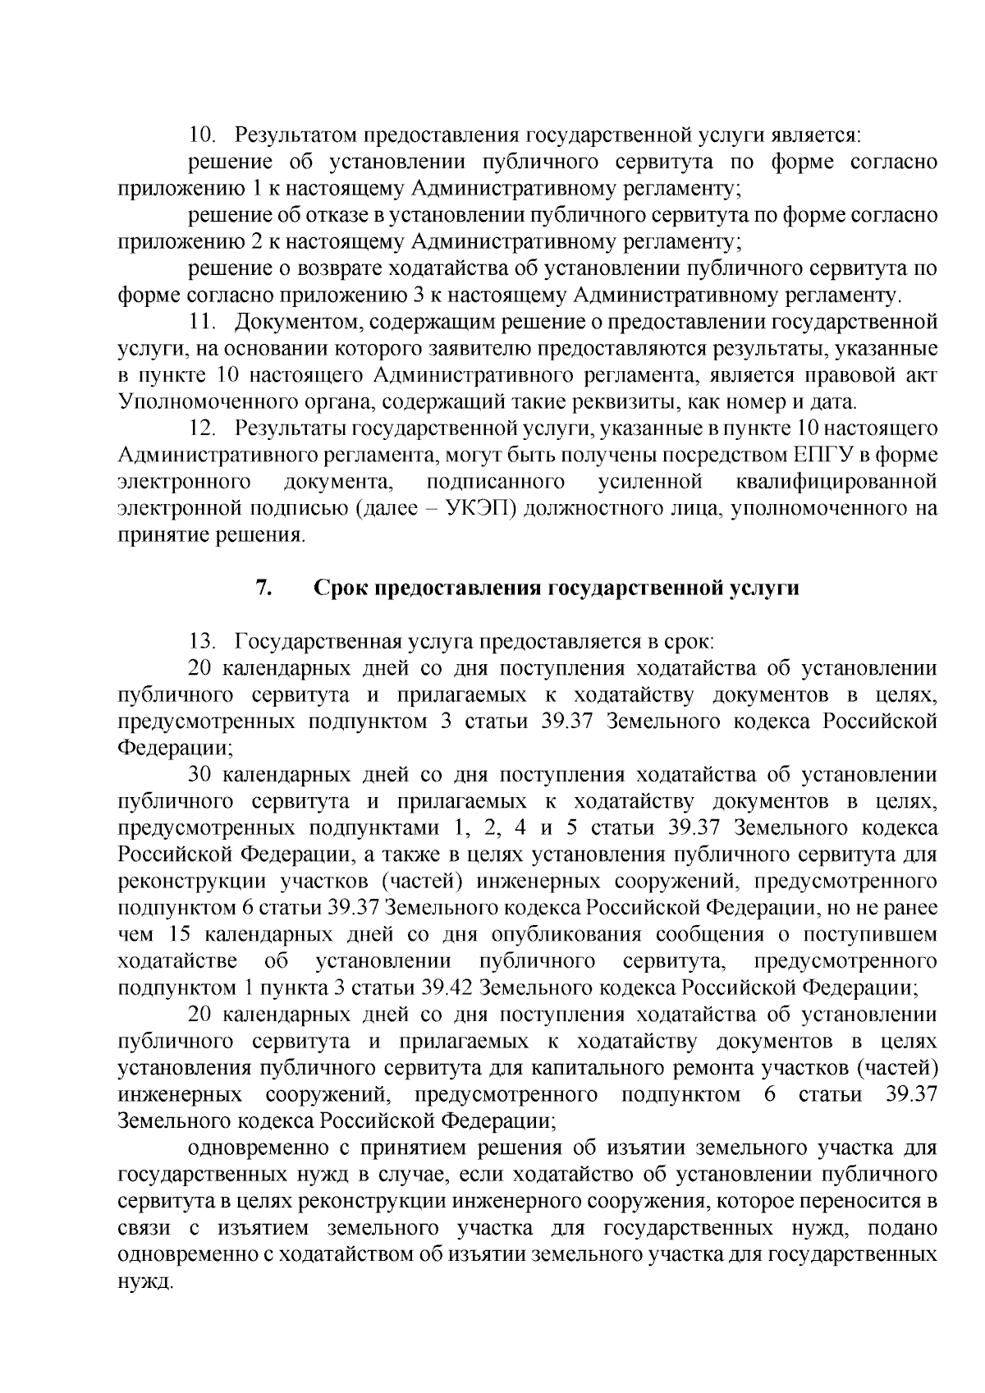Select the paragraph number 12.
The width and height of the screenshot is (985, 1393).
(x=202, y=428)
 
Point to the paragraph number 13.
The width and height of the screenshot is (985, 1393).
(x=202, y=640)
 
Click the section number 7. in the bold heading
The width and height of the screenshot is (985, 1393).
(x=263, y=588)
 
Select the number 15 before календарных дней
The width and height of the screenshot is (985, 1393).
(x=183, y=934)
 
